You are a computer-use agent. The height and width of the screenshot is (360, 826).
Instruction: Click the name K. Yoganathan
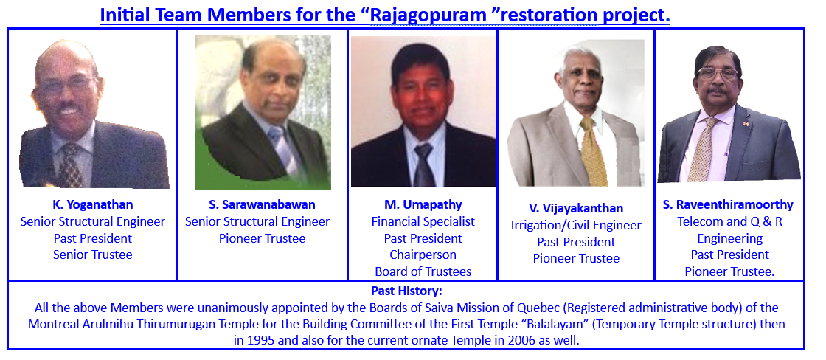coord(93,204)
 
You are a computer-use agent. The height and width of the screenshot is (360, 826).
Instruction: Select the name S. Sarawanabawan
coord(262,204)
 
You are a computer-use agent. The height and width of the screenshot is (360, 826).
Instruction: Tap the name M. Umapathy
coord(423,204)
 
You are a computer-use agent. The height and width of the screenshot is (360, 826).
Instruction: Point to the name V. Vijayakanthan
coord(576,208)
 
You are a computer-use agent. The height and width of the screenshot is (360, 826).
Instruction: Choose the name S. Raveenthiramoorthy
coord(728,204)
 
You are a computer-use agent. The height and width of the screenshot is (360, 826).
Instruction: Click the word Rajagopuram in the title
coord(428,15)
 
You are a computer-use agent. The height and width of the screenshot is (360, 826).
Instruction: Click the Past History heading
coord(406,291)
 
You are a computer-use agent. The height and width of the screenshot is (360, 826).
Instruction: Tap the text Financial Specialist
coord(423,221)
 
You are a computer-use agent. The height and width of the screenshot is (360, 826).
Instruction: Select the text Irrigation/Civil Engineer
coord(576,226)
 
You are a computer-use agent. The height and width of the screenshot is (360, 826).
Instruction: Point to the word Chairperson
coord(423,255)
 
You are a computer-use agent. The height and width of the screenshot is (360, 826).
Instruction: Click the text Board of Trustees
coord(423,271)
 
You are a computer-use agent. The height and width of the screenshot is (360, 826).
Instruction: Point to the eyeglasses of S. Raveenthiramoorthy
coord(718,75)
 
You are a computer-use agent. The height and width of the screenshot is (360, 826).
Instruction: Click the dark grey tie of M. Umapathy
coord(423,165)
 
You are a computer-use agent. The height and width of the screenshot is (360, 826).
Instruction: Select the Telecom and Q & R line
coord(729,221)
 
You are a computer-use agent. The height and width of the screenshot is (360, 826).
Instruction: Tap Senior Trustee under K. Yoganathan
coord(93,255)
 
